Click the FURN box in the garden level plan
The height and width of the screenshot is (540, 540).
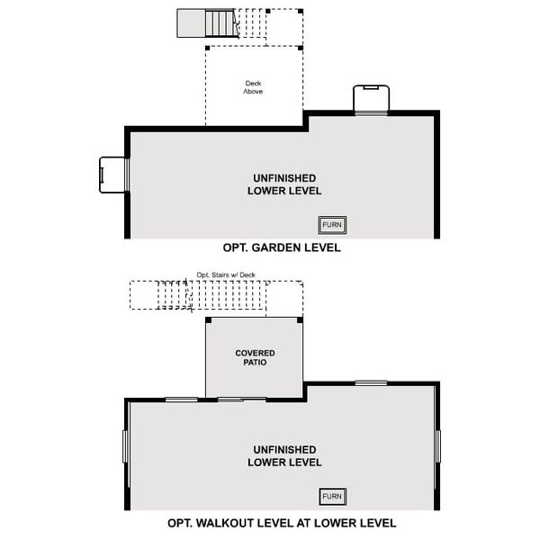(333, 224)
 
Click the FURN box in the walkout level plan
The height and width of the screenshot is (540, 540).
(333, 496)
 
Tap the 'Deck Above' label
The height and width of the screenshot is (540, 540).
(254, 87)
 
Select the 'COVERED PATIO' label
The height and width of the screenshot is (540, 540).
(255, 358)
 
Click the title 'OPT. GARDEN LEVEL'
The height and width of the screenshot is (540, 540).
(282, 247)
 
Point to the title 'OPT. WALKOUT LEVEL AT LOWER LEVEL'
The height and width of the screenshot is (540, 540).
(282, 523)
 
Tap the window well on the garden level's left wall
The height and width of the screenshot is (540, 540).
(113, 175)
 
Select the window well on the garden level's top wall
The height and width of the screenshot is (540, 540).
(370, 99)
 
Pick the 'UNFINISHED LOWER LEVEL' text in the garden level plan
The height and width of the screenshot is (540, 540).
(284, 184)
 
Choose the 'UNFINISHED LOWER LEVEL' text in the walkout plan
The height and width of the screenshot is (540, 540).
(284, 455)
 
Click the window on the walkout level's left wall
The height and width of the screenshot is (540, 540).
(125, 445)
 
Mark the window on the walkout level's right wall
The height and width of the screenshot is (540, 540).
(438, 445)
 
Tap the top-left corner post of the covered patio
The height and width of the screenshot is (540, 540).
(208, 319)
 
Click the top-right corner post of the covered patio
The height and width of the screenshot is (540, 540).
(301, 319)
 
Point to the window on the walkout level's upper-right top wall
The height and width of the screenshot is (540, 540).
(370, 383)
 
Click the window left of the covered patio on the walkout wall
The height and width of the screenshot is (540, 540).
(181, 399)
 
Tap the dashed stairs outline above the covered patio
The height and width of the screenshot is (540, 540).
(216, 295)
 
